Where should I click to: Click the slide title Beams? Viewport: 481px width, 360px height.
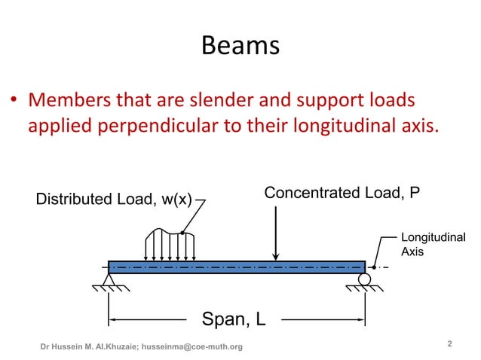point(240,47)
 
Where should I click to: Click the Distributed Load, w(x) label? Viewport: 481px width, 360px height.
point(114,200)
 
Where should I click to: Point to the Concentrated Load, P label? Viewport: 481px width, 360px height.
point(342,194)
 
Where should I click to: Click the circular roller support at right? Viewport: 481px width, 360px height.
point(365,279)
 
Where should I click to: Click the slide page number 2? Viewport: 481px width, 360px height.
point(449,344)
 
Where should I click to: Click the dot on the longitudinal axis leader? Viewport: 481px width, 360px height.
point(375,267)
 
